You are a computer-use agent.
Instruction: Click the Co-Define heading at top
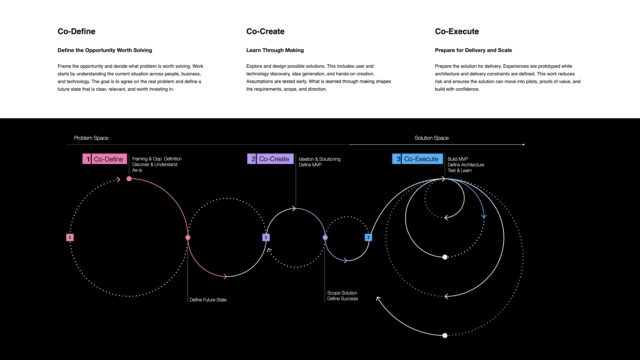(x=76, y=31)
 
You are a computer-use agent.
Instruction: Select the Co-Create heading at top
(x=265, y=31)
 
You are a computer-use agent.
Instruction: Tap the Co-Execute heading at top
(x=457, y=31)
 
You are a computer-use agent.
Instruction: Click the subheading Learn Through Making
(x=275, y=50)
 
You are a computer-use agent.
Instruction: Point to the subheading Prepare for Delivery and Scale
(x=473, y=50)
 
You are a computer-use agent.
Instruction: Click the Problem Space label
(x=91, y=138)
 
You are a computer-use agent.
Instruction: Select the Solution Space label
(x=431, y=138)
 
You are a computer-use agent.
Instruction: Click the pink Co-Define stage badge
(x=105, y=159)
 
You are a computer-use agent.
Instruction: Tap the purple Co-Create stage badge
(x=270, y=159)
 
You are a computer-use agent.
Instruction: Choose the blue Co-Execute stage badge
(x=417, y=159)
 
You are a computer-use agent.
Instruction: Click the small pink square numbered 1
(x=70, y=237)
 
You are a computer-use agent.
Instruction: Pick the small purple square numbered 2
(x=266, y=237)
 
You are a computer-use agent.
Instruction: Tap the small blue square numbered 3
(x=368, y=237)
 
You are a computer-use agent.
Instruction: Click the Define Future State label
(x=208, y=300)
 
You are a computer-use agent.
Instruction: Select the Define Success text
(x=342, y=299)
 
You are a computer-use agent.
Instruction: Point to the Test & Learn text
(x=459, y=171)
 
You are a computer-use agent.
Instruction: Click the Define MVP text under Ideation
(x=310, y=165)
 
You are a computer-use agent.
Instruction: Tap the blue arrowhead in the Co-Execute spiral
(x=484, y=216)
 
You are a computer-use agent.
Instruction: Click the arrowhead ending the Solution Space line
(x=524, y=145)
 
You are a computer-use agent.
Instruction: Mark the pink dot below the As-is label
(x=129, y=179)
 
